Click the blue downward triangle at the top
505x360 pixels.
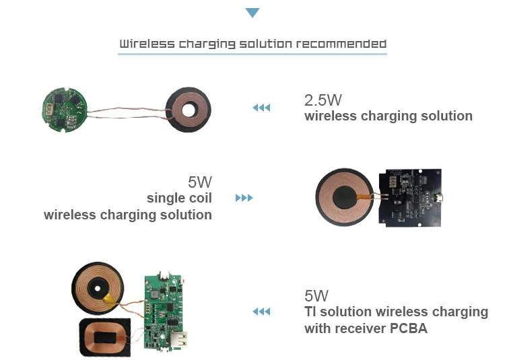[252, 13]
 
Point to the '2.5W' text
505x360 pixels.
[323, 100]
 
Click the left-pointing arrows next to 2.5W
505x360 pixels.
[261, 108]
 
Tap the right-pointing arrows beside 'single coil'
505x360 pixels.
[244, 199]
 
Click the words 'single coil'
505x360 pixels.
[179, 198]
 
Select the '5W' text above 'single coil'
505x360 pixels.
[200, 182]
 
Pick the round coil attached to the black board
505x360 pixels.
[347, 198]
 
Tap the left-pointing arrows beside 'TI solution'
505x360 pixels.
[261, 312]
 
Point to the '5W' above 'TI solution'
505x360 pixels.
[316, 295]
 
